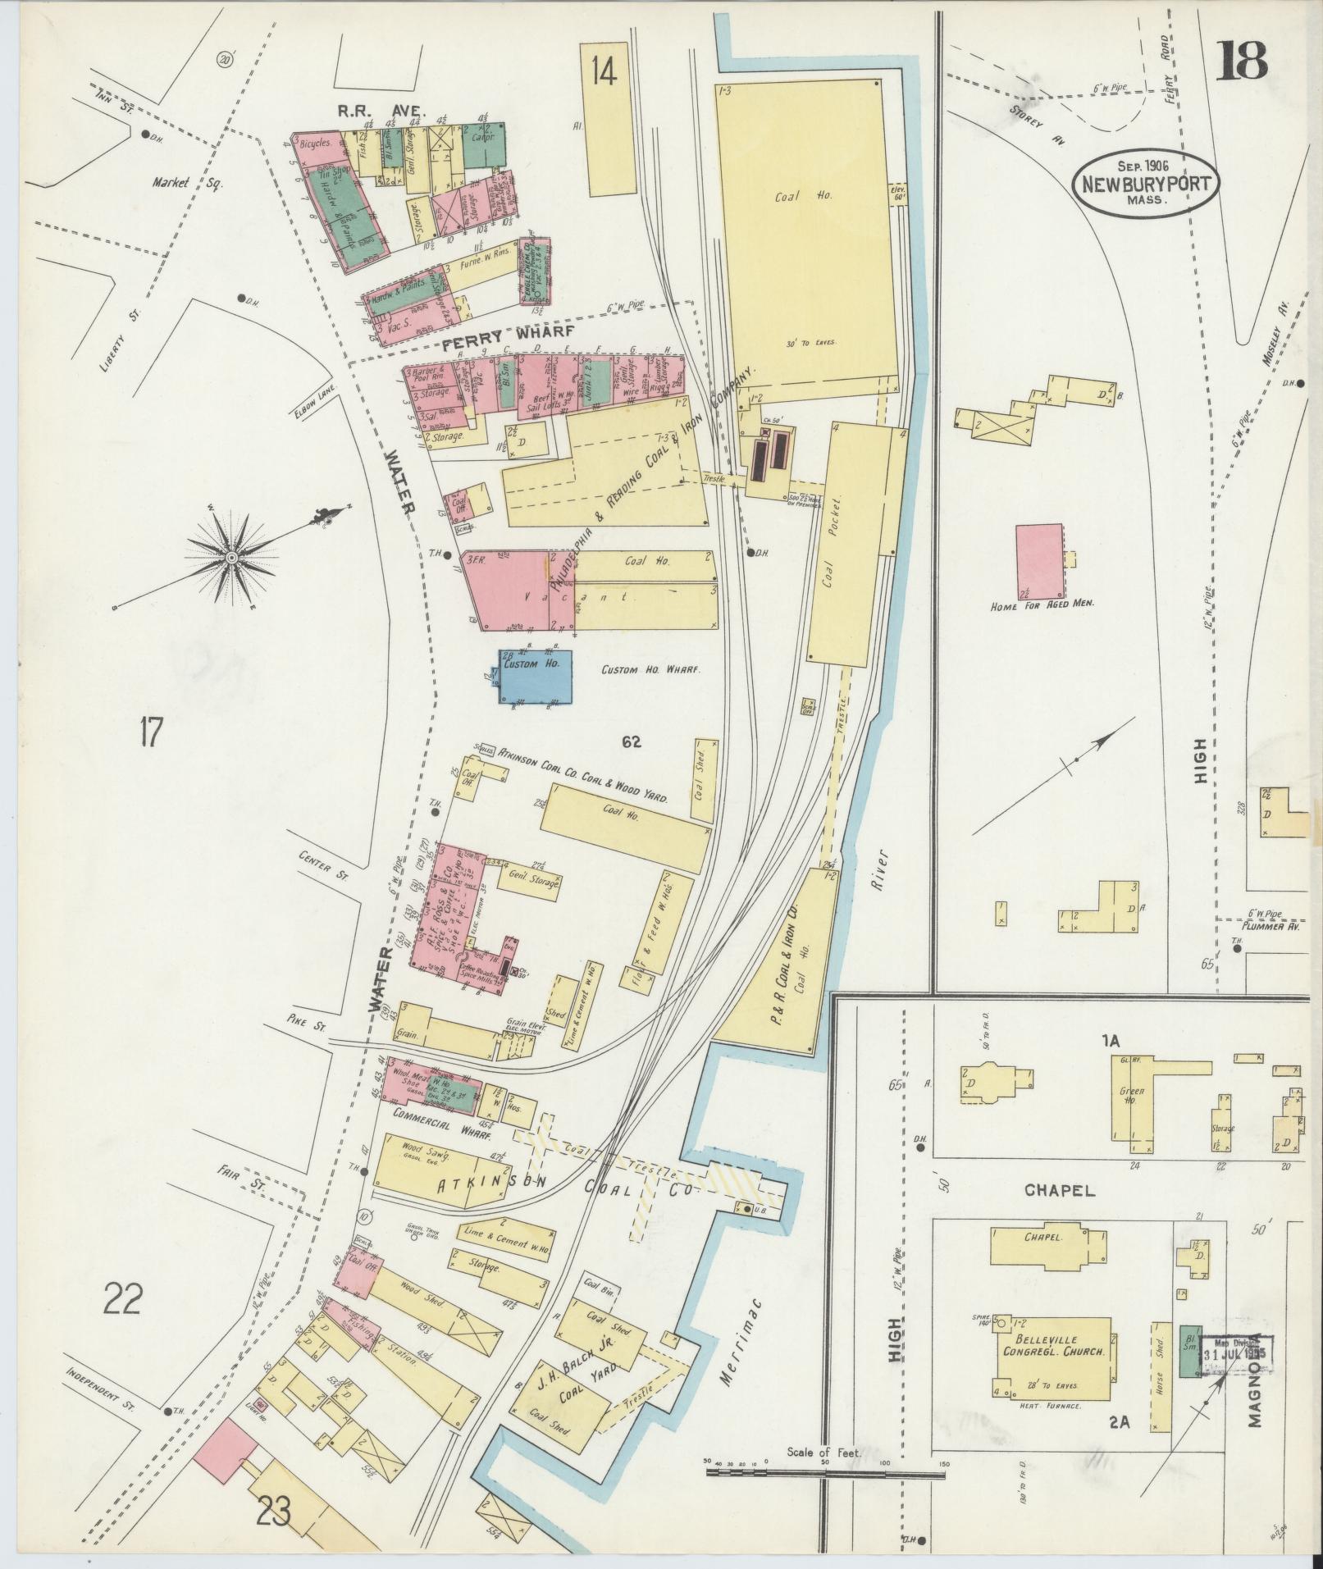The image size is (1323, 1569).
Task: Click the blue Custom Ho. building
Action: (537, 676)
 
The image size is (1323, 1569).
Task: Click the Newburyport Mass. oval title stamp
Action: (1145, 183)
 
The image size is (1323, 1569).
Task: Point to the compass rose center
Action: (232, 557)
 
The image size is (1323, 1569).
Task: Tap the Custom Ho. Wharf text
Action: (650, 670)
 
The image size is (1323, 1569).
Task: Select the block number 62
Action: (631, 742)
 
